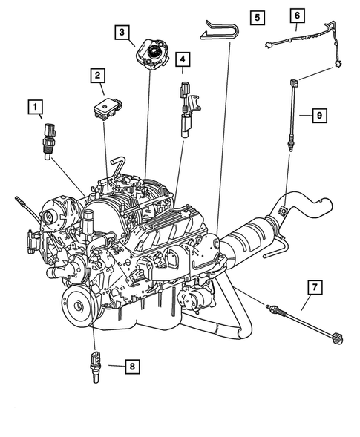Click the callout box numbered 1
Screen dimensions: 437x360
(x=35, y=108)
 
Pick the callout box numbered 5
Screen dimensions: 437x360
(x=256, y=16)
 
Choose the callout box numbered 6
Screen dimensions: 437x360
(x=296, y=15)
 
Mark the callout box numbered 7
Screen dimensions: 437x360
(x=314, y=286)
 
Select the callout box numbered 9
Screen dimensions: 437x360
(x=318, y=115)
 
